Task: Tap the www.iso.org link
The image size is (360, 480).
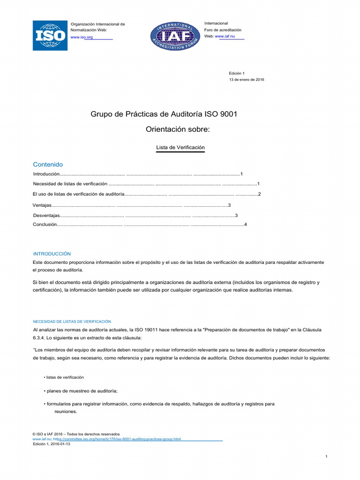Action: pyautogui.click(x=81, y=37)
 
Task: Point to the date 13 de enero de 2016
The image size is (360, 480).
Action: pyautogui.click(x=247, y=80)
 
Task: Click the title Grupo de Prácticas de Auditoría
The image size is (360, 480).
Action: pyautogui.click(x=167, y=114)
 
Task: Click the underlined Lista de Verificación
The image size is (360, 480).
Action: pyautogui.click(x=180, y=147)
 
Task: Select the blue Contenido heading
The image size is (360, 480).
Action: pyautogui.click(x=48, y=165)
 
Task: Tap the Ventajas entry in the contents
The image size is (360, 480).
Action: pyautogui.click(x=41, y=205)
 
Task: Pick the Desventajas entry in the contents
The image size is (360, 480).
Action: pyautogui.click(x=46, y=216)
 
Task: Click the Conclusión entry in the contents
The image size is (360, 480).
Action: pyautogui.click(x=45, y=225)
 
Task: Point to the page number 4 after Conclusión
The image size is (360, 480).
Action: pyautogui.click(x=245, y=225)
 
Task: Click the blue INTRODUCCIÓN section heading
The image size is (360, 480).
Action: pyautogui.click(x=52, y=253)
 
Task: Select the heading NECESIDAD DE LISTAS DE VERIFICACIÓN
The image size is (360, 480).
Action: pyautogui.click(x=72, y=322)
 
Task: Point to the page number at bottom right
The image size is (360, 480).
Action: pyautogui.click(x=326, y=456)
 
